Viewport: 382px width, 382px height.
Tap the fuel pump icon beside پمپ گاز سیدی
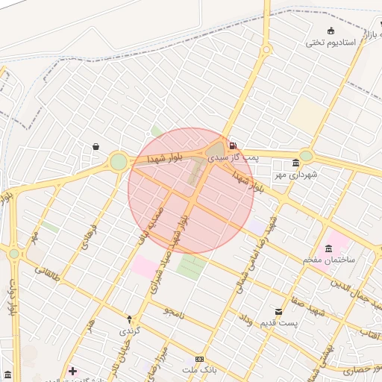[x=234, y=145]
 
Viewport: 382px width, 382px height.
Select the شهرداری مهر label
[x=295, y=175]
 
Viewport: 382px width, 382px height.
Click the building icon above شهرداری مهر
[x=296, y=163]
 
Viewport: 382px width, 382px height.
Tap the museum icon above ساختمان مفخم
[x=328, y=248]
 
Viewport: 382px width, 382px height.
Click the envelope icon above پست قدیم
[x=278, y=311]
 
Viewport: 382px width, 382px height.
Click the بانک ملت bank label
[x=198, y=370]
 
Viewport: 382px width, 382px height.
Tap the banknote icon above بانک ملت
[x=198, y=359]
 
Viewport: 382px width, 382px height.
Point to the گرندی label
[x=130, y=328]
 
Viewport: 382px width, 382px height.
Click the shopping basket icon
[x=95, y=147]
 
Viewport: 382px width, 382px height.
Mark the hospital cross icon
[x=72, y=371]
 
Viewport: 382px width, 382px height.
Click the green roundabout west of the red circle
[x=119, y=162]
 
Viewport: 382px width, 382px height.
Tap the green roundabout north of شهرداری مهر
[x=305, y=156]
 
